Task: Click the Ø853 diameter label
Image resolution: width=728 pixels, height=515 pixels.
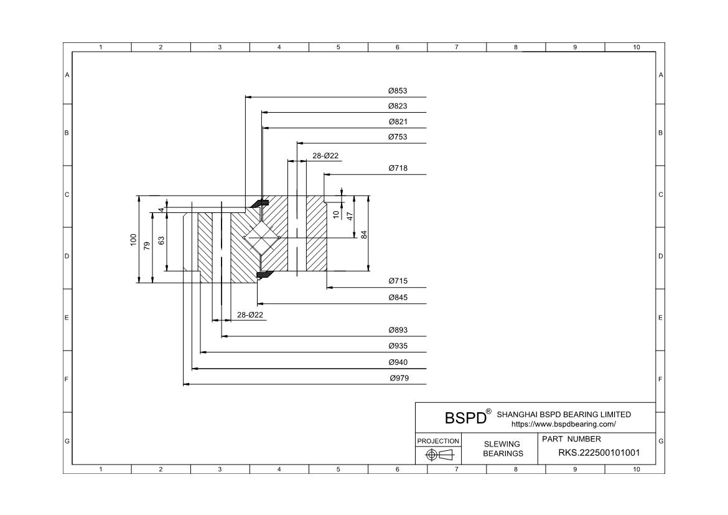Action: [x=398, y=91]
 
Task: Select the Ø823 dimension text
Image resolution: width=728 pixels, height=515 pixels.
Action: [x=398, y=106]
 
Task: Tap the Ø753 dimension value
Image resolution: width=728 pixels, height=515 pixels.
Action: [x=398, y=137]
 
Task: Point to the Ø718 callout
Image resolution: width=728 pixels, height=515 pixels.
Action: [x=398, y=169]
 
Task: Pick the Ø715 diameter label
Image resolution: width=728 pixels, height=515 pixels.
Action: [x=398, y=281]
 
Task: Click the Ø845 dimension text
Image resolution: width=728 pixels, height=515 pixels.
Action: [x=398, y=298]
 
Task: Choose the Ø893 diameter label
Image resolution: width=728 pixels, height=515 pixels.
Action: [x=398, y=330]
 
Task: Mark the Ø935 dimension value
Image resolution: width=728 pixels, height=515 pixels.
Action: [x=398, y=346]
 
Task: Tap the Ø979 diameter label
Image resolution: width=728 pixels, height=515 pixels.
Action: [x=399, y=379]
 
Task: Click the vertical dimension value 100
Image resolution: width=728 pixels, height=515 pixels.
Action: [x=133, y=240]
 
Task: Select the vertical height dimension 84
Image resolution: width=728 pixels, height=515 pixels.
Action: [x=365, y=235]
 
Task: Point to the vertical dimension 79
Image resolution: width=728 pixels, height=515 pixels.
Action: [x=147, y=246]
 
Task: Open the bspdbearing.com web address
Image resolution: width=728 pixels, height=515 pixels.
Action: [x=563, y=424]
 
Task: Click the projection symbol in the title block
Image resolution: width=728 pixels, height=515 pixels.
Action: [x=439, y=455]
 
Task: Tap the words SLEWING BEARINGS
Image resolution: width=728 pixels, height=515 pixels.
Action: [x=503, y=448]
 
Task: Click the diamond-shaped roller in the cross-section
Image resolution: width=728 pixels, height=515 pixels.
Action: [x=262, y=238]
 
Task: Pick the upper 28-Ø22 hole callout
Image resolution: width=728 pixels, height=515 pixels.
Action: [x=325, y=156]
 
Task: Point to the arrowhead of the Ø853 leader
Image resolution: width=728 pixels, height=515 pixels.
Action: [x=247, y=97]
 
